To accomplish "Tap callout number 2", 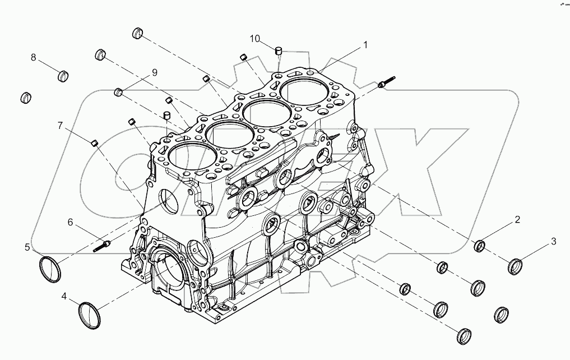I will tap(517, 219).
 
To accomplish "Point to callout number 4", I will tap(64, 296).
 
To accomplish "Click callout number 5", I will tap(27, 246).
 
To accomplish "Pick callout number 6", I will tap(71, 223).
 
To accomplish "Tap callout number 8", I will tap(34, 57).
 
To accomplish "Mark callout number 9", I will tap(153, 72).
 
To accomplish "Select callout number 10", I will tap(255, 39).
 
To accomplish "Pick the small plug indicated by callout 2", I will tap(480, 246).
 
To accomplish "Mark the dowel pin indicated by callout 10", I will tap(277, 52).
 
